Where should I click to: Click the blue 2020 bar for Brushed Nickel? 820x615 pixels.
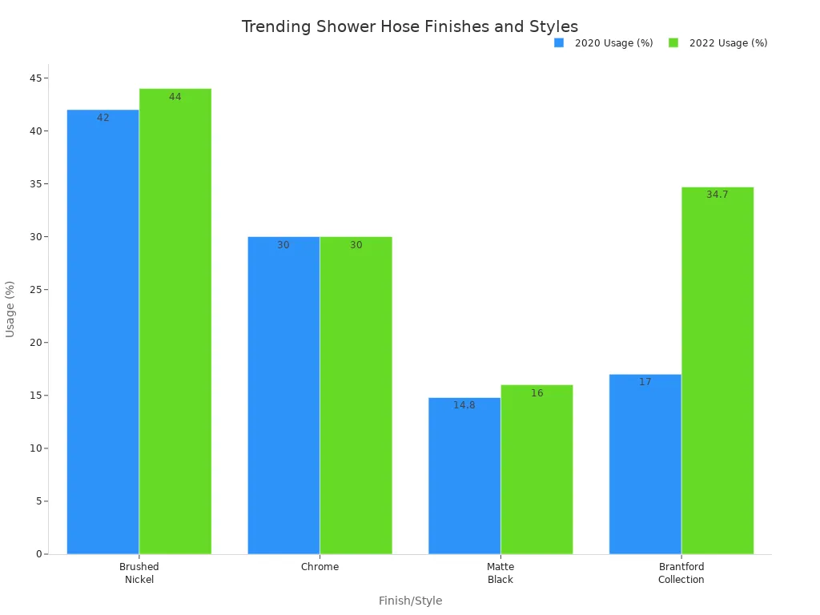pyautogui.click(x=102, y=332)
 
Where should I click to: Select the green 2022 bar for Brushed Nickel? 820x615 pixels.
pyautogui.click(x=175, y=321)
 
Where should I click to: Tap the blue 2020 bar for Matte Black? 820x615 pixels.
pyautogui.click(x=464, y=476)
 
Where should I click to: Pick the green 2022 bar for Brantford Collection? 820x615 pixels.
pyautogui.click(x=717, y=370)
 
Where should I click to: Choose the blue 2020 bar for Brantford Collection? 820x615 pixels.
pyautogui.click(x=645, y=464)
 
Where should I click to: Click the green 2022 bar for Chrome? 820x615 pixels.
pyautogui.click(x=356, y=395)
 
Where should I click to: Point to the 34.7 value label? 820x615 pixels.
pyautogui.click(x=717, y=195)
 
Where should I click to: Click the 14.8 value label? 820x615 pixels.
pyautogui.click(x=464, y=405)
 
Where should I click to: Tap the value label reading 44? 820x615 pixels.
pyautogui.click(x=175, y=97)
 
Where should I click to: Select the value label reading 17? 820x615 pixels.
pyautogui.click(x=645, y=382)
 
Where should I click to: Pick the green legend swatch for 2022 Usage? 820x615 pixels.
pyautogui.click(x=673, y=43)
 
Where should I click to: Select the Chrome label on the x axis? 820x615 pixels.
pyautogui.click(x=320, y=567)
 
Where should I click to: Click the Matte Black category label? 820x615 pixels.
pyautogui.click(x=500, y=573)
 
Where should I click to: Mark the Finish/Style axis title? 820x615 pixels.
pyautogui.click(x=410, y=601)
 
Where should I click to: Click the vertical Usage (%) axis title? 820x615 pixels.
pyautogui.click(x=10, y=309)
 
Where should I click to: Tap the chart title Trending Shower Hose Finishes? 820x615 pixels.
pyautogui.click(x=410, y=26)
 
